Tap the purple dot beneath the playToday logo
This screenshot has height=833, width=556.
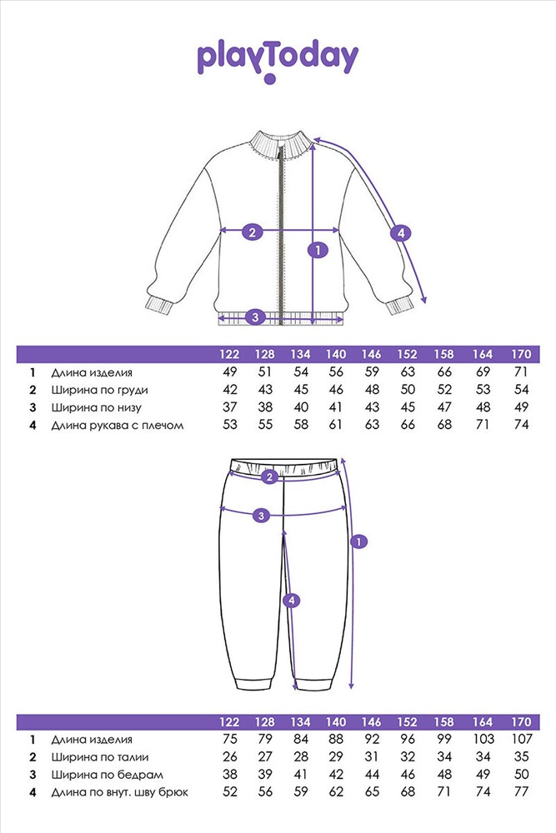point(269,81)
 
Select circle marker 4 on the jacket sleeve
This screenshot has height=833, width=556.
point(401,233)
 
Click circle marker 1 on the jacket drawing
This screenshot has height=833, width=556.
point(315,248)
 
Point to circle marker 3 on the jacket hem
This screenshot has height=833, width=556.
point(255,317)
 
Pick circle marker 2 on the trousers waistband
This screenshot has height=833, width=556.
point(268,477)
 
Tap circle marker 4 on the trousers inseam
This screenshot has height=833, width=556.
point(290,600)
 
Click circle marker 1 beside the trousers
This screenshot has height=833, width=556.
point(358,542)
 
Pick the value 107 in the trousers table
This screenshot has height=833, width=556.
point(521,739)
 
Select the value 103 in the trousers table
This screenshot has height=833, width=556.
point(484,739)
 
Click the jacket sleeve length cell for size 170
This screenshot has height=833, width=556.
point(521,426)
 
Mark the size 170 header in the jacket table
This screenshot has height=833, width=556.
point(521,355)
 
